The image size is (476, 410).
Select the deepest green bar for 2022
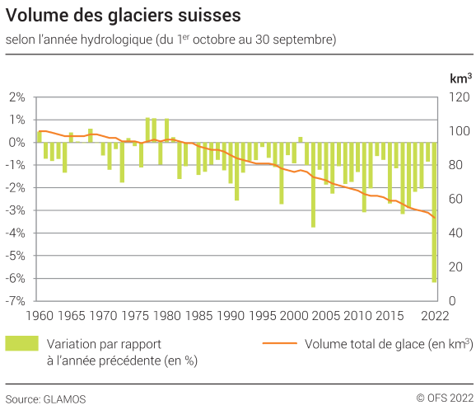coord(434,212)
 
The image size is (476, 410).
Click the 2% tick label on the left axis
coord(18,97)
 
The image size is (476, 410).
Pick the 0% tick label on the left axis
coord(18,142)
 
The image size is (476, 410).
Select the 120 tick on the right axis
coord(458,97)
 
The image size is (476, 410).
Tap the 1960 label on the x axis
coord(38,315)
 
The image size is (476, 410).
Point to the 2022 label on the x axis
coord(434,315)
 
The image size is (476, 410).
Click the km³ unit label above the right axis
coord(460,78)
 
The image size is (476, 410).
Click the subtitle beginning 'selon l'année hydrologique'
coord(170,40)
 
